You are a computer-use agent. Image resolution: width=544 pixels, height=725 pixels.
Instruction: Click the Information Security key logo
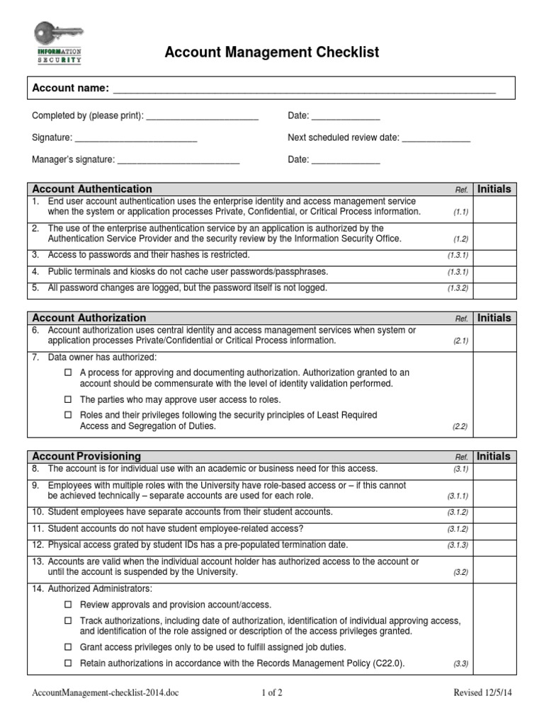coord(59,43)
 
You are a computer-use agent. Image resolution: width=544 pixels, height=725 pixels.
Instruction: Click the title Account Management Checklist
coord(272,52)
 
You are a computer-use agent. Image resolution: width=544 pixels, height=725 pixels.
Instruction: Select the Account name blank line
coord(304,90)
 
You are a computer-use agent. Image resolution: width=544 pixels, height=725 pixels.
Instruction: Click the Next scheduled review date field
coord(436,139)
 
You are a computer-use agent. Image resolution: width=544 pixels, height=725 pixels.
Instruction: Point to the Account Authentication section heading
coord(92,189)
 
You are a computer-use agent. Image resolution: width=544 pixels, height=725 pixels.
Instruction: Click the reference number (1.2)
coord(461,240)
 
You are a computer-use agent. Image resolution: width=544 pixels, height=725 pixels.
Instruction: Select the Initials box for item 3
coord(494,256)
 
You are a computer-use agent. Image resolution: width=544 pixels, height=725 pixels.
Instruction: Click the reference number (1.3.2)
coord(458,289)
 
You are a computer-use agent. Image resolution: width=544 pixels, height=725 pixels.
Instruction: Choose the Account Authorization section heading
coord(89,318)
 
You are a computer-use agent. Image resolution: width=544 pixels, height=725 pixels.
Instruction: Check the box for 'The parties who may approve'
coord(69,399)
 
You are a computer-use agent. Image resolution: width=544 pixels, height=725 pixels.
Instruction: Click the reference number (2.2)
coord(461,427)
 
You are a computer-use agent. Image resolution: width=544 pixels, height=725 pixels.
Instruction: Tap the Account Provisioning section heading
coord(86,457)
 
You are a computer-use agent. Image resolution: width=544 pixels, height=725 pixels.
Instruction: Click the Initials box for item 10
coord(494,512)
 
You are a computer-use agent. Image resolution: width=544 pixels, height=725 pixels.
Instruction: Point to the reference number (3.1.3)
coord(458,545)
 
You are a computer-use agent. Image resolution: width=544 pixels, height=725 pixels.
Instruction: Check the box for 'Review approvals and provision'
coord(69,605)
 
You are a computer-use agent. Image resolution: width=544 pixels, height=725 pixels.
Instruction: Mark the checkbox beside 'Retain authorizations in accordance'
coord(69,663)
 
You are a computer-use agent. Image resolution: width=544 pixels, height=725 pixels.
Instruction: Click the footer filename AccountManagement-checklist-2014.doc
coord(106,693)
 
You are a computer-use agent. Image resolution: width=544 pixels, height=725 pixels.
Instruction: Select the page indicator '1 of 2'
coord(272,693)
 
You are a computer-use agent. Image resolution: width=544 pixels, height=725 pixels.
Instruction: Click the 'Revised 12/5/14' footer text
coord(482,693)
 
